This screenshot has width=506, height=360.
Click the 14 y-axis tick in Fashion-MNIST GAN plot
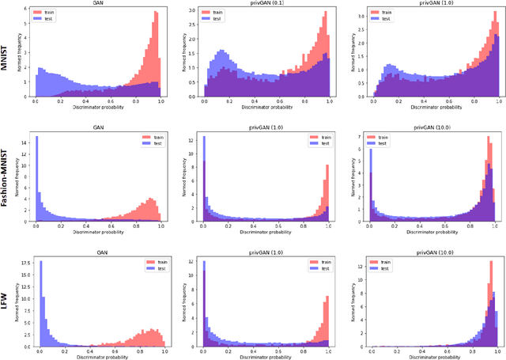click(25, 142)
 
